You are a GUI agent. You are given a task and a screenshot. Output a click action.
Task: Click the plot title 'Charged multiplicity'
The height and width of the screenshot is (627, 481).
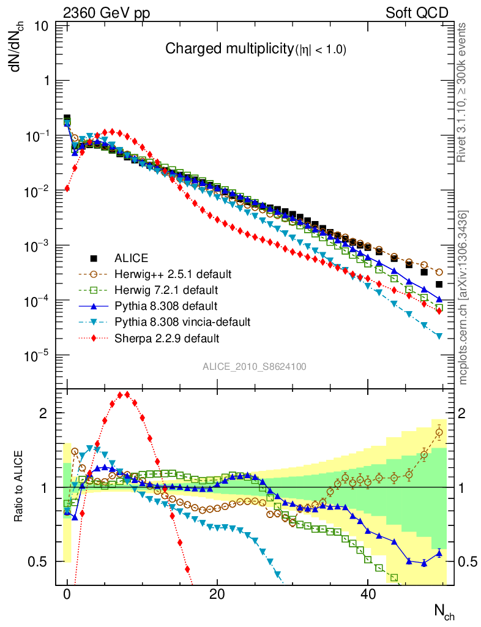(x=230, y=50)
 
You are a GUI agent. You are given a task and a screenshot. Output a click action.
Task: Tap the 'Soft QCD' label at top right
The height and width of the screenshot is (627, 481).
(x=417, y=13)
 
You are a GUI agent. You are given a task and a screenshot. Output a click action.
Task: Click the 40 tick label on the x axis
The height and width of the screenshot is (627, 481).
(x=367, y=594)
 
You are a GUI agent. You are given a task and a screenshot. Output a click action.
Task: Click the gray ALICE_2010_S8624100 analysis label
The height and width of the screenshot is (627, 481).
(x=255, y=367)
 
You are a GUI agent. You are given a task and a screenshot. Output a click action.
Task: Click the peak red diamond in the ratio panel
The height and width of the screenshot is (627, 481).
(x=127, y=394)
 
